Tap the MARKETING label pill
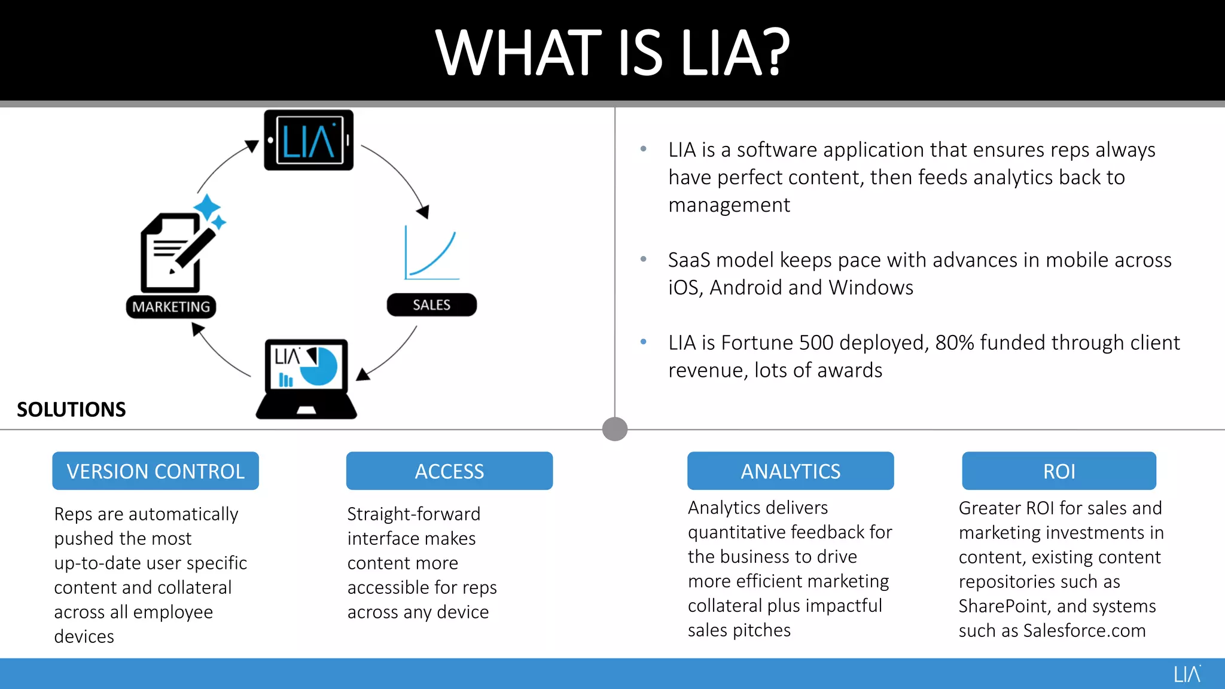pos(171,307)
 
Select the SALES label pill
pos(431,305)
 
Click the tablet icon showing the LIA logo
pos(309,140)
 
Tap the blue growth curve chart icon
pos(431,254)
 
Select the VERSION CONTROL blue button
pos(156,471)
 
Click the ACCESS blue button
pos(449,471)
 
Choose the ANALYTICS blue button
pos(790,471)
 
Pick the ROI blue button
pos(1059,471)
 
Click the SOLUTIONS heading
pos(71,410)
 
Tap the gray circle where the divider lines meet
pos(615,429)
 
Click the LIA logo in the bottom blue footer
pos(1187,674)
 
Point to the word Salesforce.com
pos(1084,631)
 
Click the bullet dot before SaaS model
pos(644,259)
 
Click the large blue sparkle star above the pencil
pos(207,208)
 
